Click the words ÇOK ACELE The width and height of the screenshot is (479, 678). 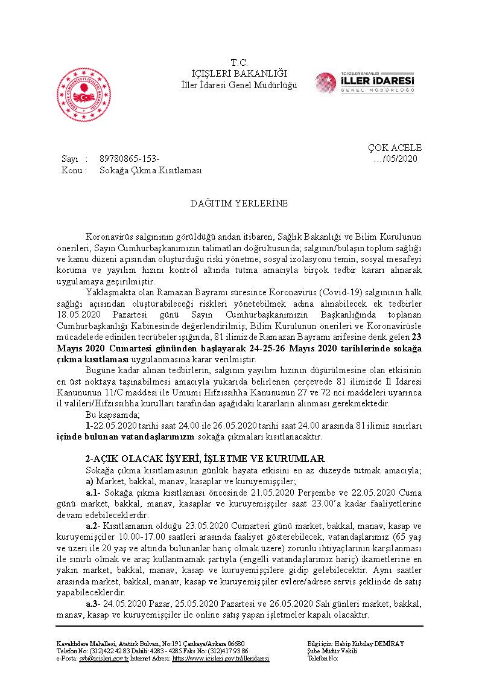[x=395, y=148]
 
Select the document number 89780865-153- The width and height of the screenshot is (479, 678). [x=129, y=159]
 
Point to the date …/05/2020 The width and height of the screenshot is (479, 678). [x=396, y=159]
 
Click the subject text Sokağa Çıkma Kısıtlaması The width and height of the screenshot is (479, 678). [x=150, y=170]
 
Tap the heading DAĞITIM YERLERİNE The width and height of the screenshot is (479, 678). [x=239, y=203]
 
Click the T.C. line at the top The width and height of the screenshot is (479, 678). [x=239, y=63]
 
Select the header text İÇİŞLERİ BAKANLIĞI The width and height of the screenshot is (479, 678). [x=239, y=74]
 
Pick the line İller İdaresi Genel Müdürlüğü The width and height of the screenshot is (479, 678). [x=239, y=85]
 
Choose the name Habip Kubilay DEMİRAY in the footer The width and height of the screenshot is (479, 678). [x=364, y=644]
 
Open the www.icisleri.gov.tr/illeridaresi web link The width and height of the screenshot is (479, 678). [x=221, y=658]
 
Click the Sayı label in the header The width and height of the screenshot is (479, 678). [x=70, y=159]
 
